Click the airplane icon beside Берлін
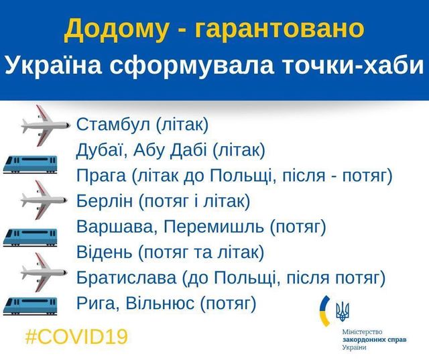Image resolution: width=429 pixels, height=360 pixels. (45, 198)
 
